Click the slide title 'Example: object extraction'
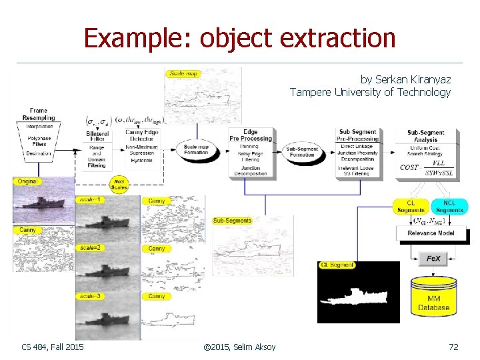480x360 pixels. pos(239,38)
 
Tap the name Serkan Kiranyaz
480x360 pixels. pos(405,79)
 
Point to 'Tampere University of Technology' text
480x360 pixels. pos(370,93)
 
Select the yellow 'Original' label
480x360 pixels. pos(27,181)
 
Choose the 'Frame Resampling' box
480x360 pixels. pos(39,133)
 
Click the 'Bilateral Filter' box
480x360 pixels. pos(97,150)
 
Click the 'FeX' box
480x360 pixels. pos(433,259)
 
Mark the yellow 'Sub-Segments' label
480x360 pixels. pos(233,221)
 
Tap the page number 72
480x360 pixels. pos(454,347)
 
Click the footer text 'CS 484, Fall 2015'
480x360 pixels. pos(53,347)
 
